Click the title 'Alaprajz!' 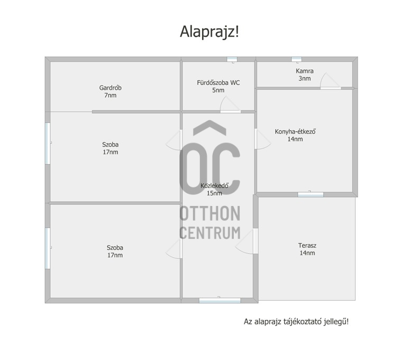click(x=209, y=32)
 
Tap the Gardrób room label click(x=111, y=88)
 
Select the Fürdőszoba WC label click(x=218, y=83)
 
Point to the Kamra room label click(x=305, y=71)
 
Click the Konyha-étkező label click(x=295, y=132)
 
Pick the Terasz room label click(x=307, y=245)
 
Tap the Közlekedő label click(x=214, y=185)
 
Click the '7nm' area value click(x=111, y=95)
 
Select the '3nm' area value click(x=305, y=78)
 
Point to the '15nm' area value click(x=214, y=193)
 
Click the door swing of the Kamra click(x=330, y=80)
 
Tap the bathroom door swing click(x=230, y=104)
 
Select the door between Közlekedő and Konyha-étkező click(x=262, y=139)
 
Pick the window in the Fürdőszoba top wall click(x=232, y=59)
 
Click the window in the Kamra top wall click(x=297, y=59)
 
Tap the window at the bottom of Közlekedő click(x=220, y=301)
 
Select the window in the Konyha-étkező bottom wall click(x=311, y=195)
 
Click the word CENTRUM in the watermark click(x=209, y=232)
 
